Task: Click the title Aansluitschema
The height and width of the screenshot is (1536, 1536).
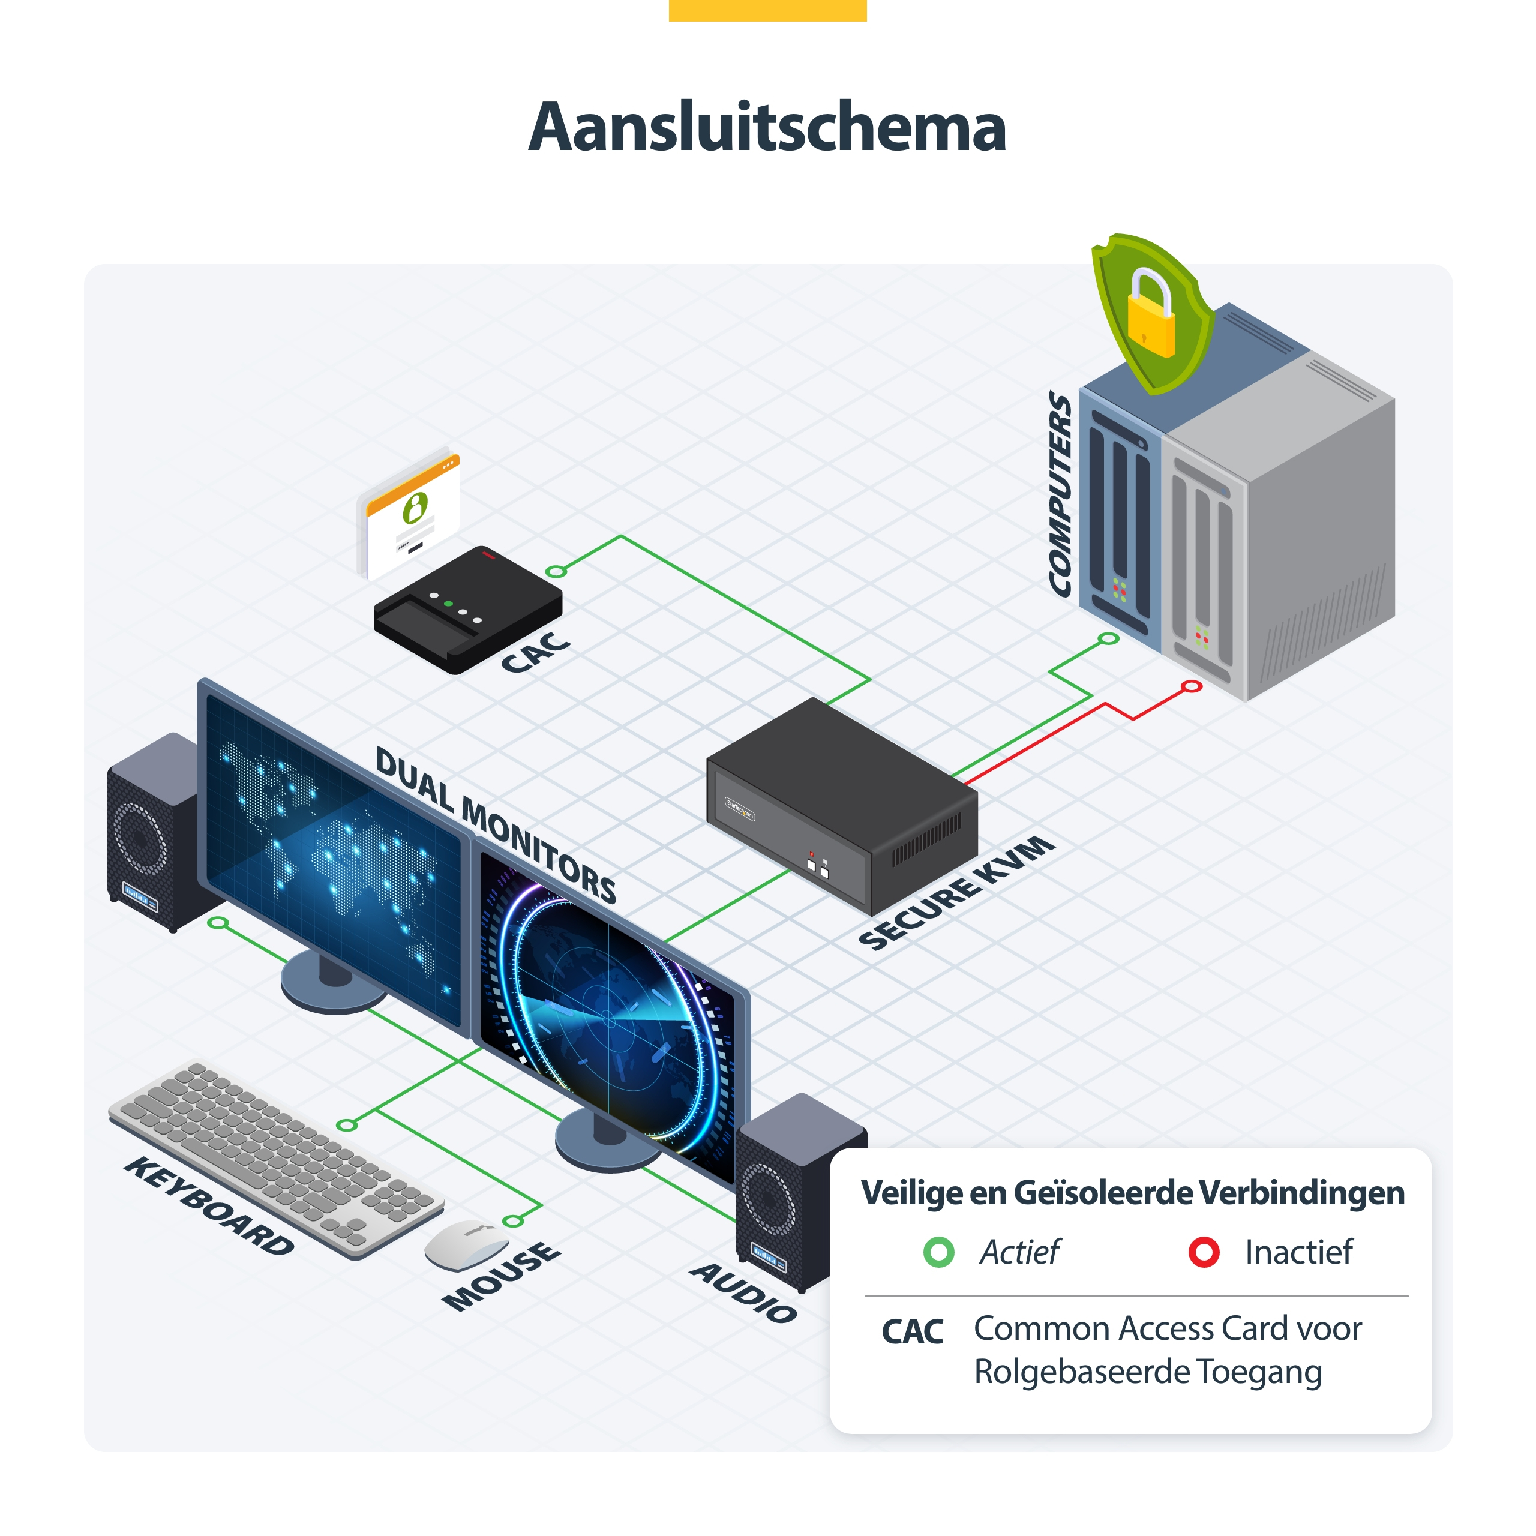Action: tap(767, 127)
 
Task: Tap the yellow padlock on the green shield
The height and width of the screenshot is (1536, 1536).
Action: tap(1150, 314)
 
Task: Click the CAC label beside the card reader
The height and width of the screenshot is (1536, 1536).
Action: tap(536, 652)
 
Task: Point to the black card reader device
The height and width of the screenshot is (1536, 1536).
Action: tap(468, 609)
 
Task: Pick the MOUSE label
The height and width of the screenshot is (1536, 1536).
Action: tap(502, 1276)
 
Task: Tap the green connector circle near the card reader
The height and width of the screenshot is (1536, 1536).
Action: tap(557, 572)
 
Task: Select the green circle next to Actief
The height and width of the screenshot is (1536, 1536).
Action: tap(939, 1252)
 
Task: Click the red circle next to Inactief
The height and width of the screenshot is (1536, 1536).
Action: tap(1204, 1252)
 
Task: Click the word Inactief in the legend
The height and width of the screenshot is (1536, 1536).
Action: tap(1298, 1252)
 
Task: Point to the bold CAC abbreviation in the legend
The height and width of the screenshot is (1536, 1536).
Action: tap(912, 1333)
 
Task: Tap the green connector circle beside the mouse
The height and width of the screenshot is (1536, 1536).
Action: tap(514, 1220)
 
